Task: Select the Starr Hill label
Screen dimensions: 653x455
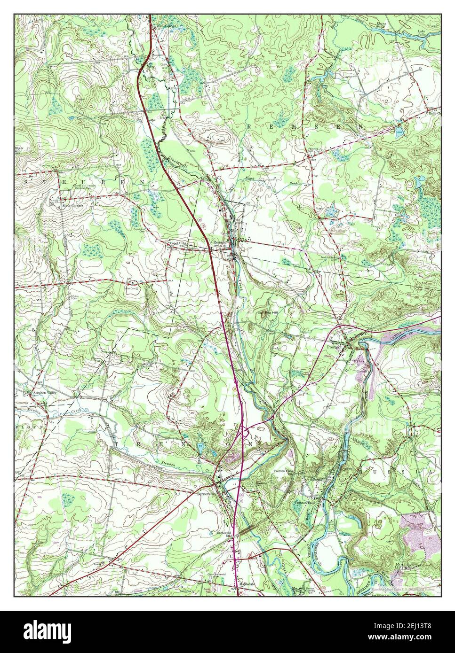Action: [x=18, y=150]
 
